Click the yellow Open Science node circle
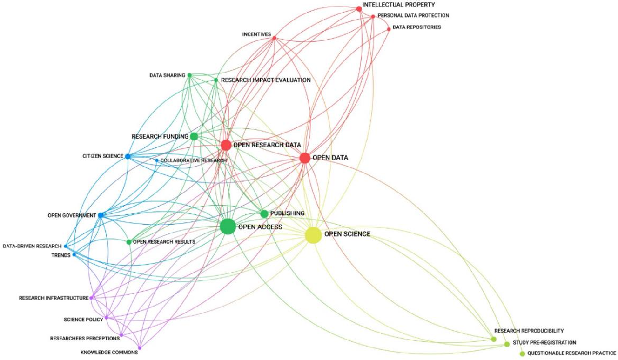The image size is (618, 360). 313,235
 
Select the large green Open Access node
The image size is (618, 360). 228,227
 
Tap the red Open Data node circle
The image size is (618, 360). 305,158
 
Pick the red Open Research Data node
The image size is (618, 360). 226,145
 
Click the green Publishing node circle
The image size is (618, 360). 264,214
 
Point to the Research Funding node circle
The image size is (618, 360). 194,136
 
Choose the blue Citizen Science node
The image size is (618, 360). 128,157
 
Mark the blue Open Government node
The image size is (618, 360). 101,215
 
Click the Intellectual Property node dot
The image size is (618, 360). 359,9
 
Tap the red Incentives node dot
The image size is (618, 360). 274,38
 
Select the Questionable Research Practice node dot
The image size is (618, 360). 522,353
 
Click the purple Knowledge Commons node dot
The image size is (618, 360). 140,348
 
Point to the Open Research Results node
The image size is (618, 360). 129,242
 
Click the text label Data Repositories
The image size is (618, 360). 416,27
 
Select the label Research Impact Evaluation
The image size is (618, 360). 266,80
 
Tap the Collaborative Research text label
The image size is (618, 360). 193,160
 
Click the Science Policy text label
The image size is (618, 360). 83,320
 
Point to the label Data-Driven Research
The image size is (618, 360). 32,246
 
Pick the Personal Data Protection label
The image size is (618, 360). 413,16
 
